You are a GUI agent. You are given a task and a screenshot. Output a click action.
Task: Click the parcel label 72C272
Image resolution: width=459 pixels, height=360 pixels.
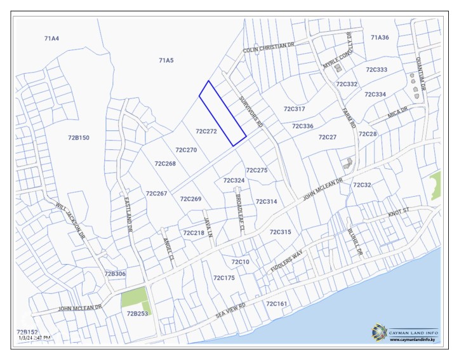(x=206, y=131)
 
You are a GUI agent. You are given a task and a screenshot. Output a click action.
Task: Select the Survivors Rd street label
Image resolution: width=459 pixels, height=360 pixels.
(x=251, y=112)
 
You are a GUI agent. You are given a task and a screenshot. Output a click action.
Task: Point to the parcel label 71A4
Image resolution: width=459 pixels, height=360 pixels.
(x=51, y=39)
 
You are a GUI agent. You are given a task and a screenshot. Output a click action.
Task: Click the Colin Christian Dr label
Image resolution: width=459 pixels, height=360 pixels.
(x=269, y=48)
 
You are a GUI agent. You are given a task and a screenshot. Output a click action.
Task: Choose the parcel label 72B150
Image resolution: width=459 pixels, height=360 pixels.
(x=78, y=137)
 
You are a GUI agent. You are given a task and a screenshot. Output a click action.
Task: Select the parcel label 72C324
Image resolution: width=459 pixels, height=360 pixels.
(x=234, y=180)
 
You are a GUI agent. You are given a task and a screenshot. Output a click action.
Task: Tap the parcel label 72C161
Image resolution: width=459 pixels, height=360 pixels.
(x=276, y=304)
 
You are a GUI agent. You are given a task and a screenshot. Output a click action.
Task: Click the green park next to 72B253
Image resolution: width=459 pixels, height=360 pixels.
(x=134, y=297)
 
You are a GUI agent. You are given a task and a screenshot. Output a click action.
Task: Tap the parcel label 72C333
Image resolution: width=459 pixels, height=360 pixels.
(x=376, y=69)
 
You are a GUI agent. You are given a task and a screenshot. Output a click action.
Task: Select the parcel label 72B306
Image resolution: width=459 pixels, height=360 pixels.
(x=115, y=274)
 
